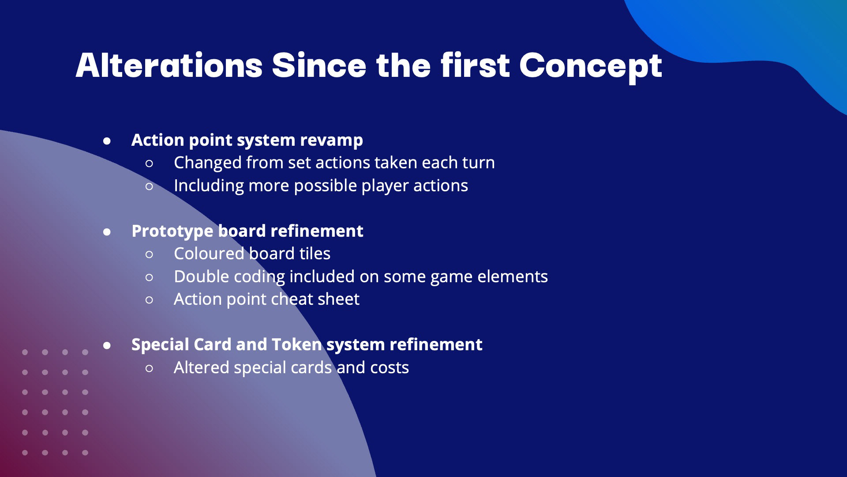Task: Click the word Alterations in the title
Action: pos(169,66)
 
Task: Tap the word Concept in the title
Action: pos(591,68)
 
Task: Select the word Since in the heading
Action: pos(319,66)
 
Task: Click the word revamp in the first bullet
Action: pos(331,140)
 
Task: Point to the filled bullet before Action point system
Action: pos(107,141)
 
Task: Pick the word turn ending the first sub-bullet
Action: pos(478,163)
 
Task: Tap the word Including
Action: pos(209,186)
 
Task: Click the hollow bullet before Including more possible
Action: pos(149,186)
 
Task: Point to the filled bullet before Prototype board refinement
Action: pos(107,232)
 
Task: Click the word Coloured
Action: pos(209,254)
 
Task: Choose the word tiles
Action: pos(315,254)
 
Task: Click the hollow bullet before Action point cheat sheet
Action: pos(149,300)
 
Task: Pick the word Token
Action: pos(297,344)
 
